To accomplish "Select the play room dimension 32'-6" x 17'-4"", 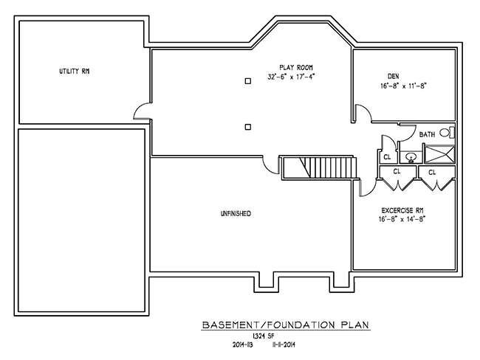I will (293, 77).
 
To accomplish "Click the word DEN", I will (393, 76).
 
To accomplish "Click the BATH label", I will (426, 134).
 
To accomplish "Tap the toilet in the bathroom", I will (445, 134).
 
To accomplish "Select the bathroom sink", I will (411, 156).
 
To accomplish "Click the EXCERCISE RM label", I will (402, 209).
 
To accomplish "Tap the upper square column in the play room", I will (248, 80).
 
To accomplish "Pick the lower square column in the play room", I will (248, 126).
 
